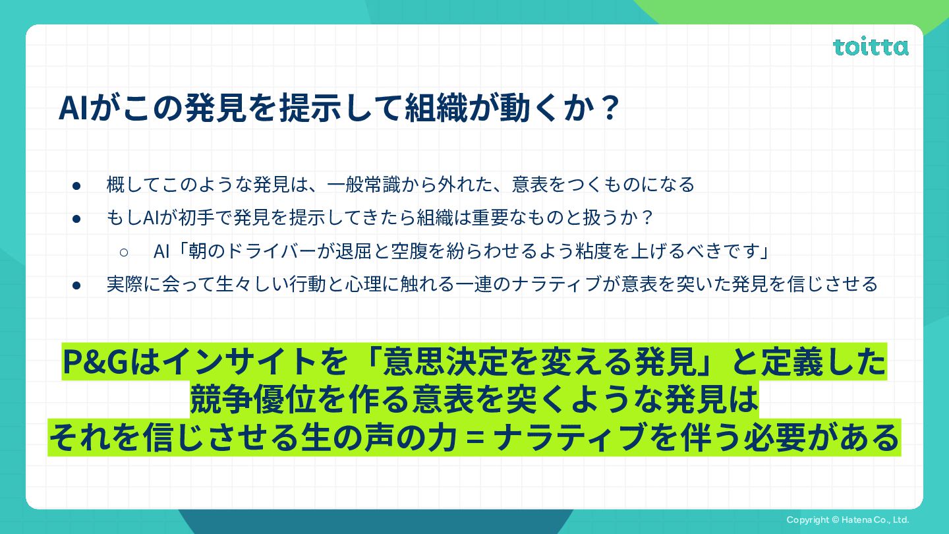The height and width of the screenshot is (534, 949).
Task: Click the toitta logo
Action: [x=871, y=47]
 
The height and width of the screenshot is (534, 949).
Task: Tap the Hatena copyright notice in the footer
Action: [x=848, y=519]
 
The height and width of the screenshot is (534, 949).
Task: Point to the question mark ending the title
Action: [x=610, y=109]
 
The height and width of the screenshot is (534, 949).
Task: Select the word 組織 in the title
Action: [x=436, y=108]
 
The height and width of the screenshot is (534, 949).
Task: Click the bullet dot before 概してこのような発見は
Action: [x=76, y=186]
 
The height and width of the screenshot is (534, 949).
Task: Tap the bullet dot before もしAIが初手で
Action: [x=76, y=219]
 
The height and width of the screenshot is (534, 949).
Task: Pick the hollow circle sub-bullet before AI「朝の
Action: [x=124, y=252]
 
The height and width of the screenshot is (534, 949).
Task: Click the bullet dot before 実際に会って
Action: [x=76, y=285]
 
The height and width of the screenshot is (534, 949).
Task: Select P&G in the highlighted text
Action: [x=96, y=362]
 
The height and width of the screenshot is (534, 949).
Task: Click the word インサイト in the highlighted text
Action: [x=238, y=362]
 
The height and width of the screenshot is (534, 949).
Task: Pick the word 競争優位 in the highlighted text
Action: [x=253, y=399]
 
